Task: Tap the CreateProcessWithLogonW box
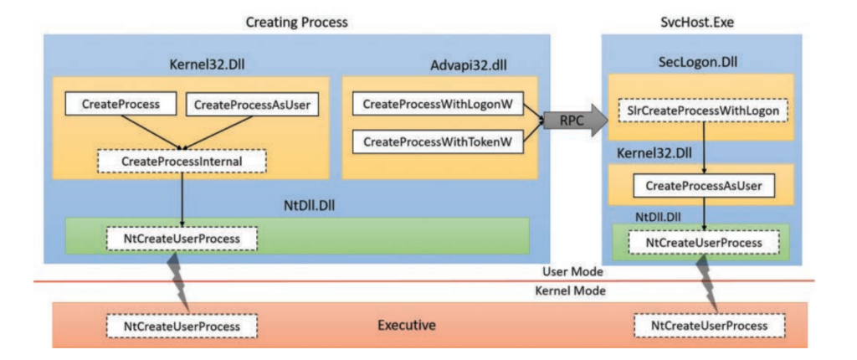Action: pyautogui.click(x=437, y=104)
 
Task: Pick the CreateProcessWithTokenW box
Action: pyautogui.click(x=437, y=142)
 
